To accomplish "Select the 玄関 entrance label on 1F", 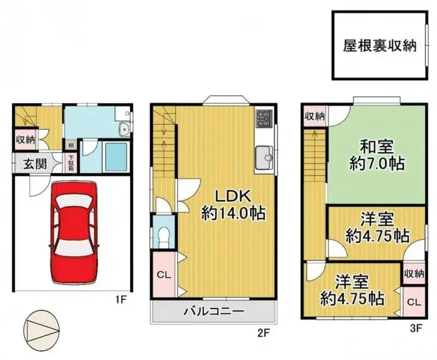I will tap(35, 163).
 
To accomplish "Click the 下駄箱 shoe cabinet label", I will tap(71, 164).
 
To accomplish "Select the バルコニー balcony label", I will tap(213, 311).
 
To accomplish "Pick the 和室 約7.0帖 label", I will tap(376, 154).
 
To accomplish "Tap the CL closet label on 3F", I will tap(414, 303).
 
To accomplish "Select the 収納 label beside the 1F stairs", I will tap(25, 140).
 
